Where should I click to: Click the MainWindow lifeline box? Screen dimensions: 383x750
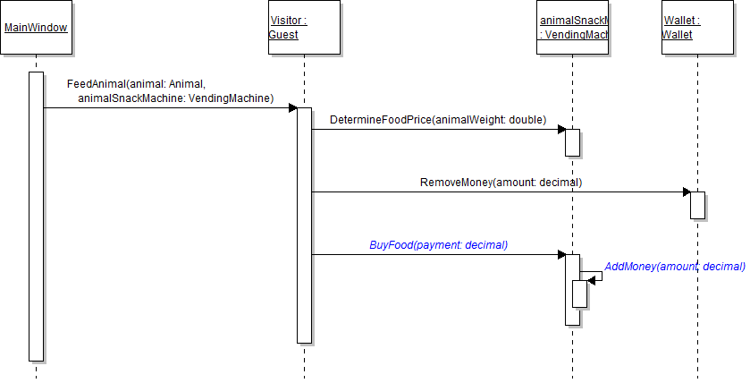click(x=36, y=27)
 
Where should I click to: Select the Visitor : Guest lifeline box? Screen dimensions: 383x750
click(x=304, y=27)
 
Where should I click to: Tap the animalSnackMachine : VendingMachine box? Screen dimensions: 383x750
click(x=572, y=27)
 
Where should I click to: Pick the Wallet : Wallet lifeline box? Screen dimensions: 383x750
click(x=689, y=27)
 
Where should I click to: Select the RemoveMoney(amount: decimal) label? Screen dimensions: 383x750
click(x=501, y=182)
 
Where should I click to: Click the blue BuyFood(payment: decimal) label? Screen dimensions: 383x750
click(x=438, y=244)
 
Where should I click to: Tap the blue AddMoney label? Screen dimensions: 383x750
click(x=674, y=267)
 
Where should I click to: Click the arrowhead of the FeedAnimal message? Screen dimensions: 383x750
click(x=292, y=107)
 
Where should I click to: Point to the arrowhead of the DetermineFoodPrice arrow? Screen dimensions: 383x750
click(x=561, y=129)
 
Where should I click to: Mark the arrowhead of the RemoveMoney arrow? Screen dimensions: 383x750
click(x=687, y=191)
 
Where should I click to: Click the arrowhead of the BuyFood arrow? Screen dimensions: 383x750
click(x=561, y=254)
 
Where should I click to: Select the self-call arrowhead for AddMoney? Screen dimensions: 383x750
click(x=592, y=280)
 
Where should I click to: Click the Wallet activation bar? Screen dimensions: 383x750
click(x=697, y=205)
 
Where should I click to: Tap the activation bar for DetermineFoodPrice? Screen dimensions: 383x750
click(x=572, y=142)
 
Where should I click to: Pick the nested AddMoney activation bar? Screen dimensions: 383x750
click(x=579, y=294)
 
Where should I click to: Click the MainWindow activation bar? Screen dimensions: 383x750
click(x=36, y=215)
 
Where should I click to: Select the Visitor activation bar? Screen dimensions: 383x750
click(x=304, y=224)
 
